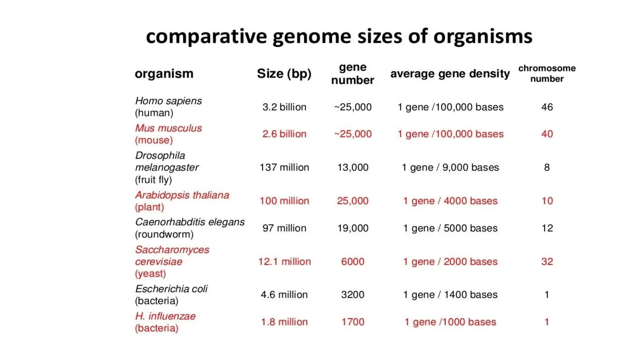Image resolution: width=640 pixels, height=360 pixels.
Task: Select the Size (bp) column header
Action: (284, 74)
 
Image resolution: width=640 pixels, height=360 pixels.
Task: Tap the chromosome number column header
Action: (547, 73)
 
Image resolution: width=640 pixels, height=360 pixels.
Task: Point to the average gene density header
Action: (450, 74)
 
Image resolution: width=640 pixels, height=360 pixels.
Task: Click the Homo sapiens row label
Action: (168, 101)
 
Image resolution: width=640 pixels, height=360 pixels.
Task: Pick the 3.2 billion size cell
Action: (284, 107)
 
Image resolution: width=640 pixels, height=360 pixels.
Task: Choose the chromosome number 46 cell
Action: (547, 107)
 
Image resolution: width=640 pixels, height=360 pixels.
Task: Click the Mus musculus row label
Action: (168, 128)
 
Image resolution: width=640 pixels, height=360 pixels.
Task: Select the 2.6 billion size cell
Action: (284, 134)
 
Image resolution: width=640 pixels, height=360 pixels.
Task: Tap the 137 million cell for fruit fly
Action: (284, 167)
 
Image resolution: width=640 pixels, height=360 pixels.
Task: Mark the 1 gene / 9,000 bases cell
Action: (450, 167)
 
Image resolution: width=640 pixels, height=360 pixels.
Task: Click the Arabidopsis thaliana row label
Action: (182, 195)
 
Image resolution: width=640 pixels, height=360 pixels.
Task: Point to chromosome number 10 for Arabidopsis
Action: (547, 201)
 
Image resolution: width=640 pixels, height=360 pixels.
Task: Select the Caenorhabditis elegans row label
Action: (190, 222)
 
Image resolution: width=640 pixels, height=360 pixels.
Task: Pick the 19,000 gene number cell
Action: (352, 228)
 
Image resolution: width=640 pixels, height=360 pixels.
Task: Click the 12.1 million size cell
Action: (284, 262)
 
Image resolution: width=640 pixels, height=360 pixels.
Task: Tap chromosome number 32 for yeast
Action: (547, 262)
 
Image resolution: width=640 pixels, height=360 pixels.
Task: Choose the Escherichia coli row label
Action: (171, 289)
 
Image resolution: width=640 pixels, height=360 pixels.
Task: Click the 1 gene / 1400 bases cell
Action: (450, 295)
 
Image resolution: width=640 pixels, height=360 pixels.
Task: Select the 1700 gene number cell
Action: (352, 322)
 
